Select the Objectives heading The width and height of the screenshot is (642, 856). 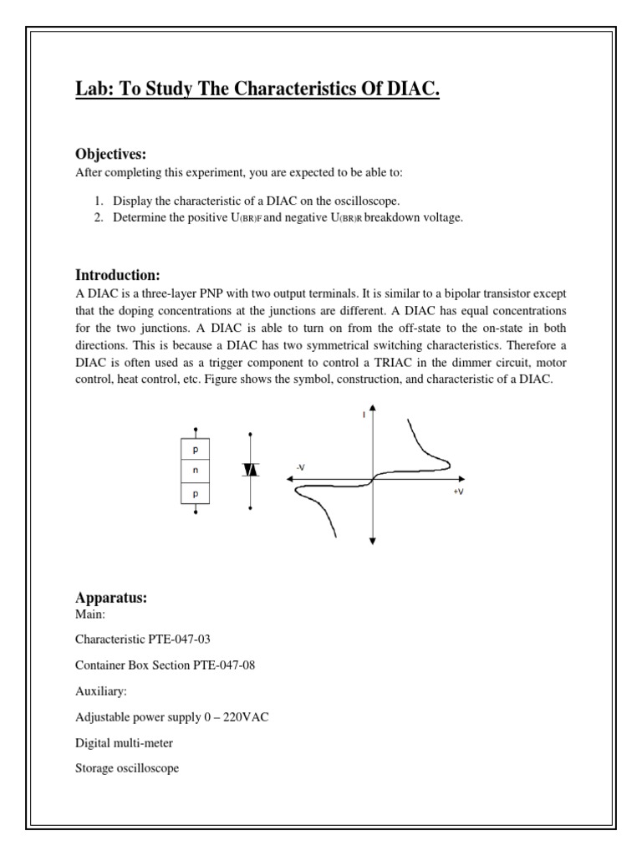[x=111, y=155]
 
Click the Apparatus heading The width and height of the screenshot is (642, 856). [x=111, y=599]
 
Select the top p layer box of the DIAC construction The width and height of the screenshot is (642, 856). [x=195, y=450]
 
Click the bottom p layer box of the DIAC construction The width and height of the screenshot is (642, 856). [x=195, y=493]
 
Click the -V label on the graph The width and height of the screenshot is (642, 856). [x=300, y=466]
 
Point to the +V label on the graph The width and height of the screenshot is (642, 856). [x=458, y=492]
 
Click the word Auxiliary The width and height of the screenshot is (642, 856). [x=101, y=691]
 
